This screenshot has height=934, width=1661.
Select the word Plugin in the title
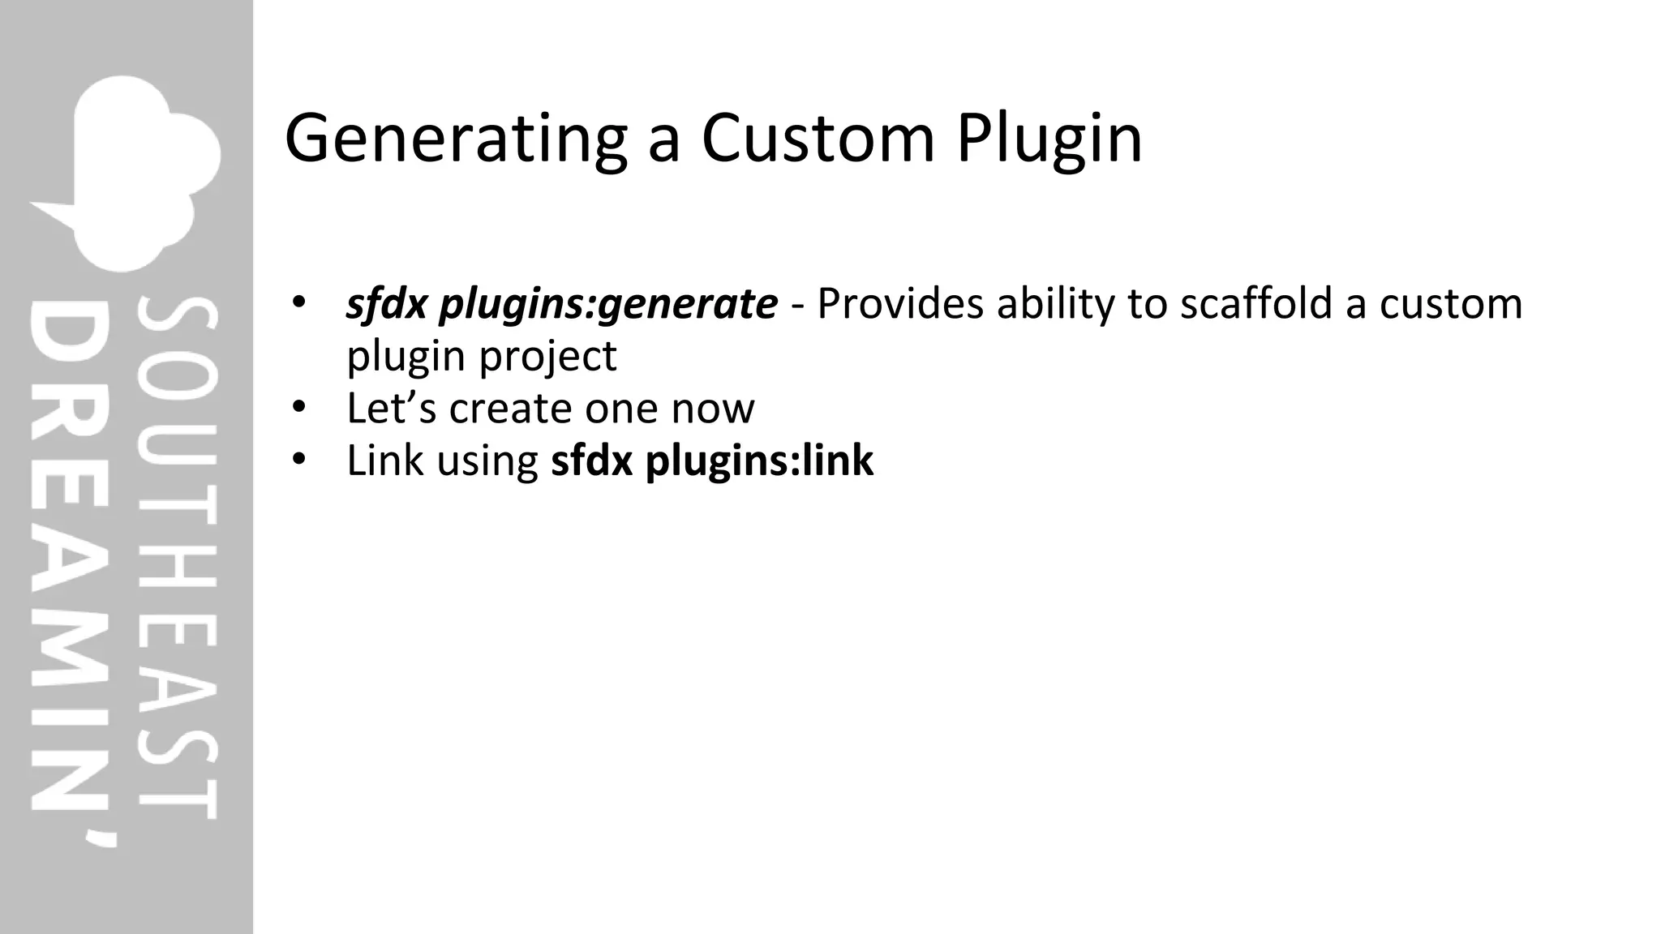point(1049,139)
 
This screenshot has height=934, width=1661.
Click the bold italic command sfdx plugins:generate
point(561,305)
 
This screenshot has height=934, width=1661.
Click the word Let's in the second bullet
point(392,408)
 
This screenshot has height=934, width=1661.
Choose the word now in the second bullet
point(713,409)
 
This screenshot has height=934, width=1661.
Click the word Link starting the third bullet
point(385,461)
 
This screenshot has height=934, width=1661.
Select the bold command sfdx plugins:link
point(712,461)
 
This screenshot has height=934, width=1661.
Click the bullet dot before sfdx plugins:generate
point(298,302)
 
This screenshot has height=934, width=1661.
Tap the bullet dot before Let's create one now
point(298,406)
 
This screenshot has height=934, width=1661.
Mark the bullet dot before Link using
point(298,459)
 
